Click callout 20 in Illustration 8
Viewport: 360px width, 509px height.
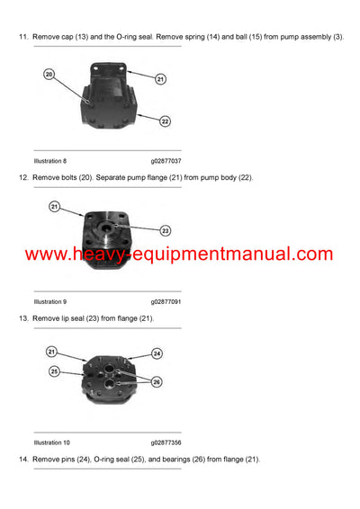tap(49, 74)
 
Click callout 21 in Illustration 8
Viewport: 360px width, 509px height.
tap(160, 79)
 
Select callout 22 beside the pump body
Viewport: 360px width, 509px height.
tap(166, 120)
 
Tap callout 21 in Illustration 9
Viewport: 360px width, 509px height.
tap(54, 207)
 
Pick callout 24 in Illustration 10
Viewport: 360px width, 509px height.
tap(157, 353)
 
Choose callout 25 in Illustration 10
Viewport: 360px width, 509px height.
tap(54, 371)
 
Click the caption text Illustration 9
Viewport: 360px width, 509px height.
tap(50, 302)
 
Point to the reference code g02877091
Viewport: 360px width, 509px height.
tap(169, 302)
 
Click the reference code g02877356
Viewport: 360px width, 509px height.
tap(169, 443)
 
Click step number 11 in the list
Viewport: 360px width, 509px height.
tap(23, 36)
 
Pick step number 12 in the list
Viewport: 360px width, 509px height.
tap(23, 177)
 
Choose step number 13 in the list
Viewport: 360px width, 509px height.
tap(23, 318)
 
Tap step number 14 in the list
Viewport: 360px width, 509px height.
tap(23, 460)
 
